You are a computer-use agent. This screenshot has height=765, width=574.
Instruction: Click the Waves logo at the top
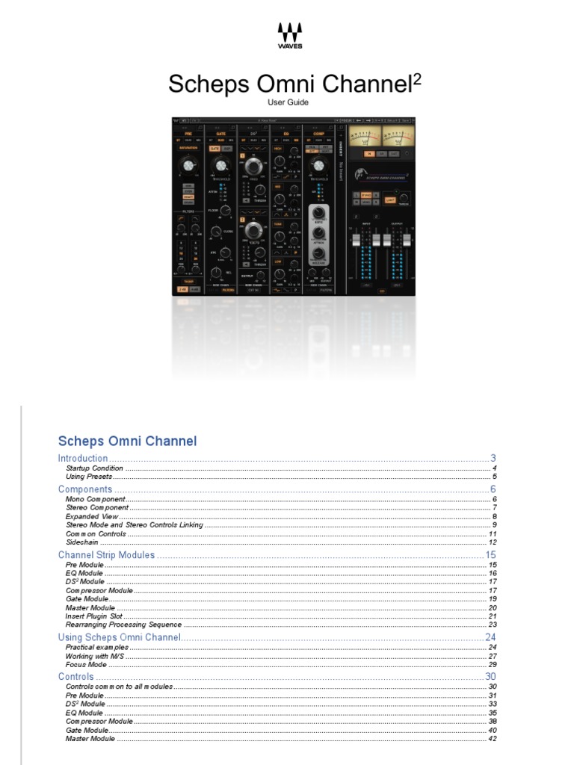point(290,34)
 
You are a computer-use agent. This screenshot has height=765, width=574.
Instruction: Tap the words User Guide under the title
point(288,102)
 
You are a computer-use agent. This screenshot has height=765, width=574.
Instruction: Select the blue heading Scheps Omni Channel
point(127,441)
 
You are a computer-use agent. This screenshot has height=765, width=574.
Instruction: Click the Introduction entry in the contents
point(83,458)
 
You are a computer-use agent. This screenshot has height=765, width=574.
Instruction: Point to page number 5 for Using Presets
point(494,476)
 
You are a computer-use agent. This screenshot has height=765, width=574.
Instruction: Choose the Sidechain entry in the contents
point(81,542)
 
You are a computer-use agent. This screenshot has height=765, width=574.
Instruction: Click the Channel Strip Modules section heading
point(106,555)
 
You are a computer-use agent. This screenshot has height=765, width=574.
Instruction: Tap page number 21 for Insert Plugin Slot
point(492,616)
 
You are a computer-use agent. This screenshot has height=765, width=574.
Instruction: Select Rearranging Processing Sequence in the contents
point(123,625)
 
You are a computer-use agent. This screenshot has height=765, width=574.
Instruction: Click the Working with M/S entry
point(96,656)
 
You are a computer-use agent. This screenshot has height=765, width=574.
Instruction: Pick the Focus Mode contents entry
point(86,664)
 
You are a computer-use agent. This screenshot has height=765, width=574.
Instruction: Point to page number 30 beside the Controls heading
point(491,677)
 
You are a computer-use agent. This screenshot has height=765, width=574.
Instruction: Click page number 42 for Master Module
point(492,739)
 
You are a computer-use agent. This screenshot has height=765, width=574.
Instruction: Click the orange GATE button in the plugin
point(215,149)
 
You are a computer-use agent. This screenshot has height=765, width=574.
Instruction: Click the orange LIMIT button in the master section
point(390,200)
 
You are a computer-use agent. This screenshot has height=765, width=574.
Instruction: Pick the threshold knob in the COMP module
point(320,165)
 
